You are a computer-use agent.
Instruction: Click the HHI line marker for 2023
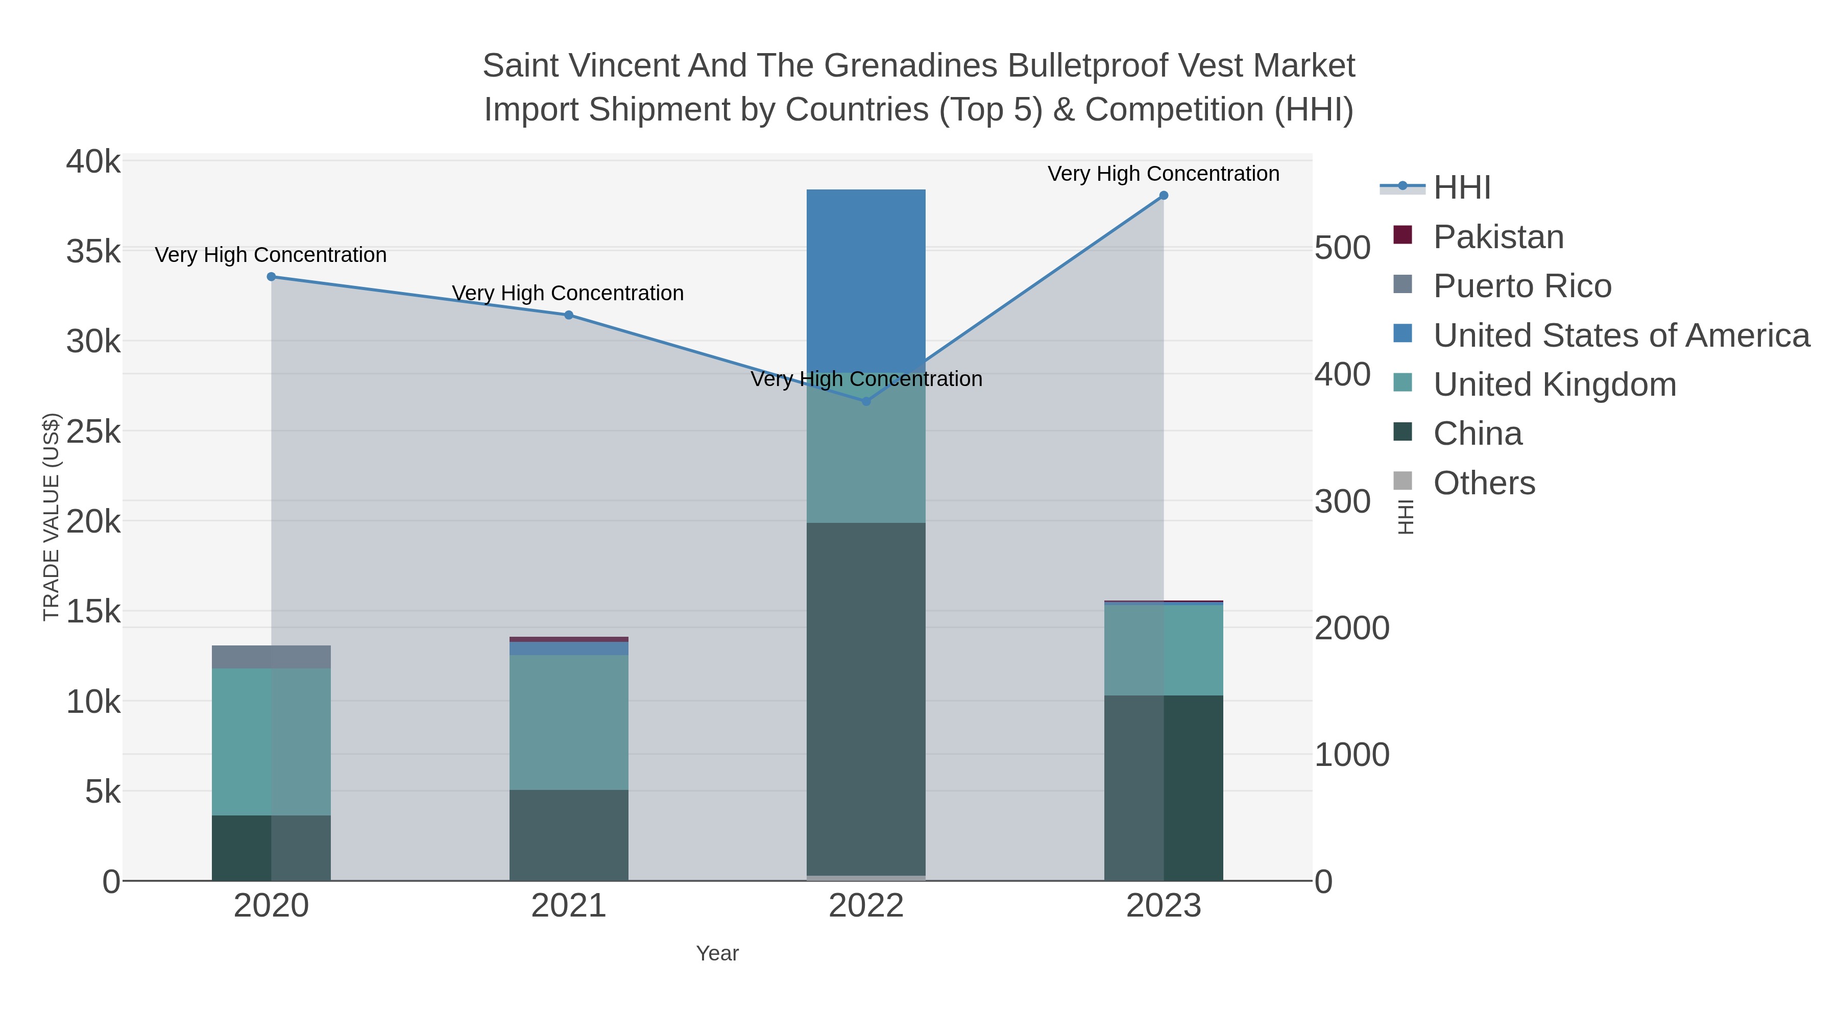click(1164, 196)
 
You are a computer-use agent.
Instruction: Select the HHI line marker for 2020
click(271, 277)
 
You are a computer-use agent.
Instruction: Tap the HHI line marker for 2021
click(569, 315)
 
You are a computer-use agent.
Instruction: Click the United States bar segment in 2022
click(866, 278)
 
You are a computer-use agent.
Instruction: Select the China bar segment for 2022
click(866, 700)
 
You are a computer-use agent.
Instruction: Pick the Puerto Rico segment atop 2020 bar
click(271, 657)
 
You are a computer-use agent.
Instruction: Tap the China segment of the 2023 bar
click(1164, 788)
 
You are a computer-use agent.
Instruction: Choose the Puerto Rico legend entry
click(1521, 286)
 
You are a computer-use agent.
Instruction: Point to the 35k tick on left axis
click(93, 252)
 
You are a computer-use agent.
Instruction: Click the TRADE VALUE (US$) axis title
click(52, 517)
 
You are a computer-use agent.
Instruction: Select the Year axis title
click(717, 953)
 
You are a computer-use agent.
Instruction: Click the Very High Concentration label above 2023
click(1163, 174)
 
